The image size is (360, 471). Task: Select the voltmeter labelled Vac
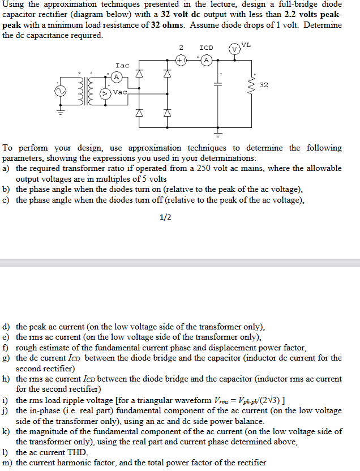tap(105, 92)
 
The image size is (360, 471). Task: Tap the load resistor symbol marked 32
tap(251, 85)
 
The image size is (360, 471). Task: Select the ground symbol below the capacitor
tap(218, 134)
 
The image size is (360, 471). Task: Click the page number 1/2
tap(165, 217)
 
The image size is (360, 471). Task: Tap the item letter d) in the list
tap(7, 327)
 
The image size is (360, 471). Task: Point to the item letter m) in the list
tap(8, 463)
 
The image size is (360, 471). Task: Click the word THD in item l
tap(77, 452)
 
